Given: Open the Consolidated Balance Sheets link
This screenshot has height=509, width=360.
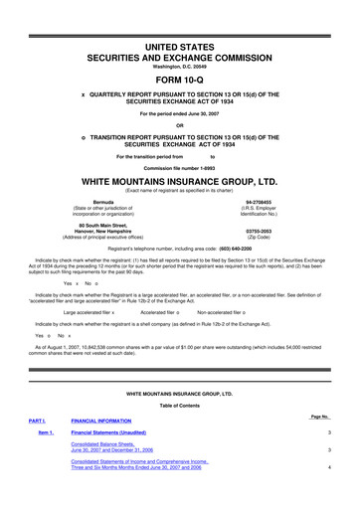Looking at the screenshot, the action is coord(122,447).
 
